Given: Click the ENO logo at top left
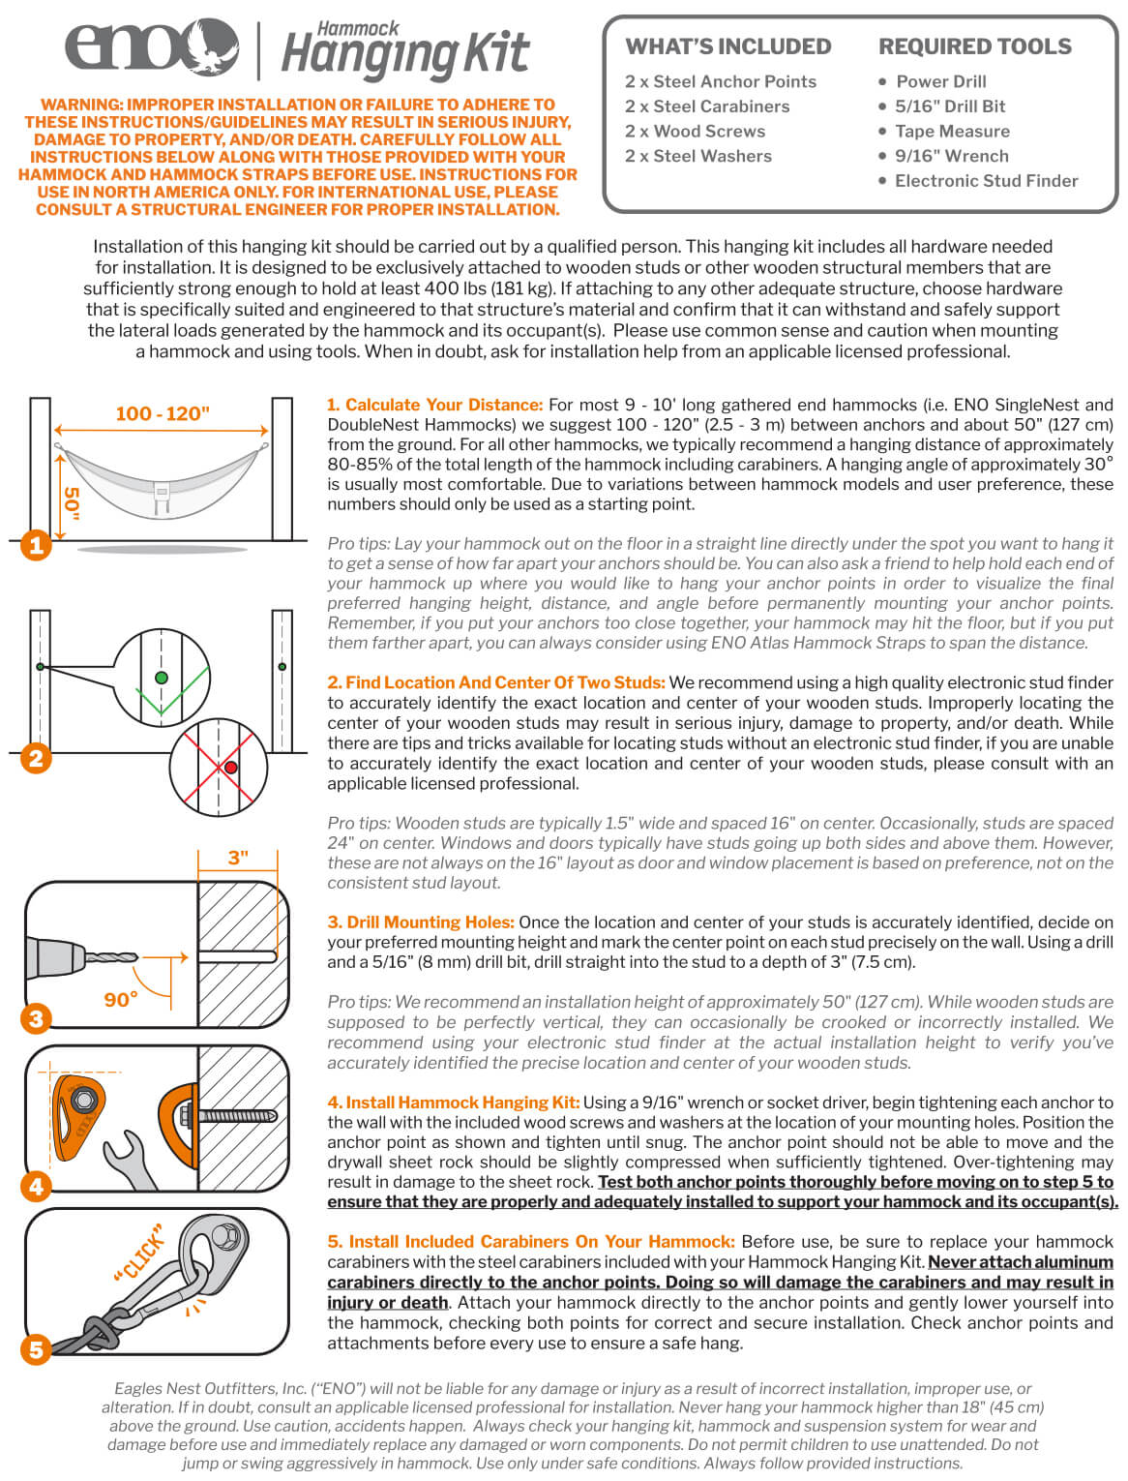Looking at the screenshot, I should pyautogui.click(x=150, y=45).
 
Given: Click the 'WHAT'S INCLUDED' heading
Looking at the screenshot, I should pyautogui.click(x=727, y=46).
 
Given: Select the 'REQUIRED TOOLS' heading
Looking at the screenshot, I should pyautogui.click(x=974, y=46).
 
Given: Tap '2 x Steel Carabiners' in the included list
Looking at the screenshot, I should pyautogui.click(x=707, y=106).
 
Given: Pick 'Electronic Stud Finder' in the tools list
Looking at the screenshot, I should pyautogui.click(x=986, y=181).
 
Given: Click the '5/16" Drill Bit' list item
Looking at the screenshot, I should pyautogui.click(x=949, y=106).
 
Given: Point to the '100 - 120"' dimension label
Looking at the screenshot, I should pyautogui.click(x=163, y=413).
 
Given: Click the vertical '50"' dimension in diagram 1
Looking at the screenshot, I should pyautogui.click(x=72, y=501).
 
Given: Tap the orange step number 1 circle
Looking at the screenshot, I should pyautogui.click(x=36, y=545).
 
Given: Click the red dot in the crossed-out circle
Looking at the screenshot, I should pyautogui.click(x=231, y=768).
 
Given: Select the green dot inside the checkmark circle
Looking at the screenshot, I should pyautogui.click(x=162, y=678).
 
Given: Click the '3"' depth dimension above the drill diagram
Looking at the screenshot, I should pyautogui.click(x=238, y=858).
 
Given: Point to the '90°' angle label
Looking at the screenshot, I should pyautogui.click(x=121, y=999).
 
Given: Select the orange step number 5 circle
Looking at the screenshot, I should pyautogui.click(x=36, y=1349).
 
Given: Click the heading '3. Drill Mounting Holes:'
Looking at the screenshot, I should pyautogui.click(x=421, y=922).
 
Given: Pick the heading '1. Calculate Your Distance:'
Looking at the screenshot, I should pyautogui.click(x=434, y=406).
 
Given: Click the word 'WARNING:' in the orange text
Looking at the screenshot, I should pyautogui.click(x=82, y=105).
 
